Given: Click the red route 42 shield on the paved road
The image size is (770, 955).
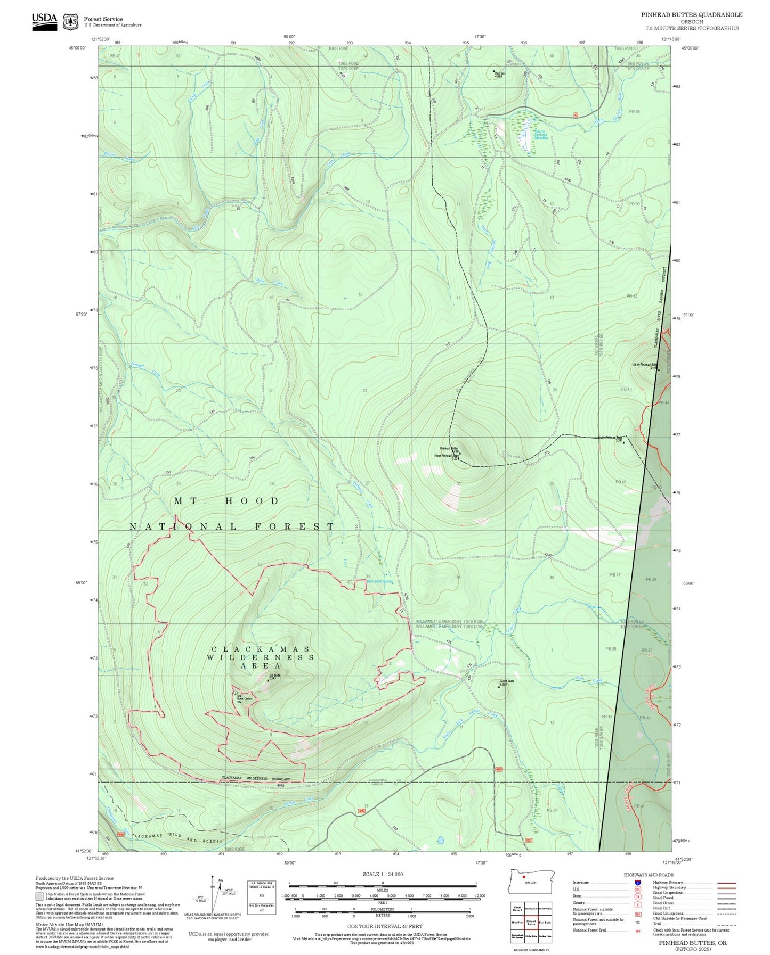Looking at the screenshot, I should (x=576, y=115).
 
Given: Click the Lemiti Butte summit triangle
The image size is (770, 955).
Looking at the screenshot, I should (x=499, y=686).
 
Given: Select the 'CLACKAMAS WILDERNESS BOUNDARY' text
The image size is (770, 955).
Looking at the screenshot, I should (x=256, y=778).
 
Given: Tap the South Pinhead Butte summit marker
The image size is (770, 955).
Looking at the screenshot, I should (x=623, y=442).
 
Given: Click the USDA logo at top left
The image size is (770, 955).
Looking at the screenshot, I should (x=44, y=21).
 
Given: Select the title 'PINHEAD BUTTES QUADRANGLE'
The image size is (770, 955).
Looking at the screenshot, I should (x=691, y=15).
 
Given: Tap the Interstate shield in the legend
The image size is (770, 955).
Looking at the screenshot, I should (x=637, y=882).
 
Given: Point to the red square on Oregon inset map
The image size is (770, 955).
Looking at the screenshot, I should (x=524, y=877).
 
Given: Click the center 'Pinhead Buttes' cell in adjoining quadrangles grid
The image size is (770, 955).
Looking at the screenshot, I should (x=531, y=923).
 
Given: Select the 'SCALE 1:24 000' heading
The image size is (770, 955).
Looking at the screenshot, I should (x=383, y=874).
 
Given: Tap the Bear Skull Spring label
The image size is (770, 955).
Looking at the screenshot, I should (x=379, y=581).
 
